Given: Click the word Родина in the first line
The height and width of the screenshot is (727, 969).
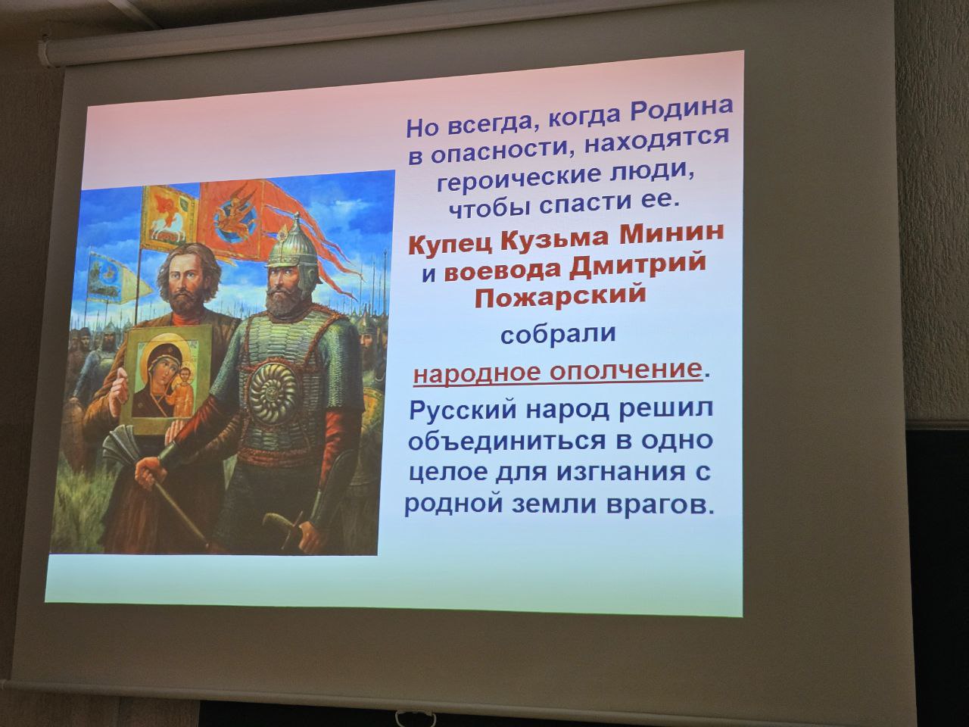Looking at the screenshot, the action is [681, 113].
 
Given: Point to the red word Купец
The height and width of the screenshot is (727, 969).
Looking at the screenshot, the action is [450, 244].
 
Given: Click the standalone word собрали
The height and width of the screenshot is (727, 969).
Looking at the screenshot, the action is [558, 334].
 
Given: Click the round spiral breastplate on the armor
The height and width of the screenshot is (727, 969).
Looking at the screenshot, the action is [273, 394].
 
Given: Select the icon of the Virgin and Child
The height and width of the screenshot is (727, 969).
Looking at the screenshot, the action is [167, 380].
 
